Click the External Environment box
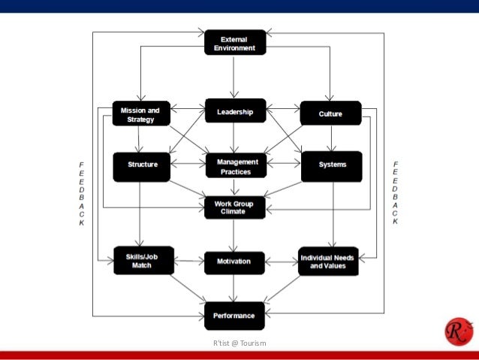click(x=235, y=42)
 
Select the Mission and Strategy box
click(x=140, y=114)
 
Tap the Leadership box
click(x=235, y=112)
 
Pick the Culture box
click(x=330, y=113)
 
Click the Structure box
click(x=140, y=166)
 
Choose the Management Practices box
click(x=235, y=166)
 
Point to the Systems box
click(x=330, y=166)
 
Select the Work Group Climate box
click(x=235, y=207)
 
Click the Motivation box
click(x=235, y=262)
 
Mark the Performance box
click(x=235, y=316)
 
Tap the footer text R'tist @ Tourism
click(x=239, y=343)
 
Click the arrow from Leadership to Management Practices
click(x=235, y=139)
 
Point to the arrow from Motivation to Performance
click(x=235, y=289)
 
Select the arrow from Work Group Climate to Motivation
click(x=235, y=235)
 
